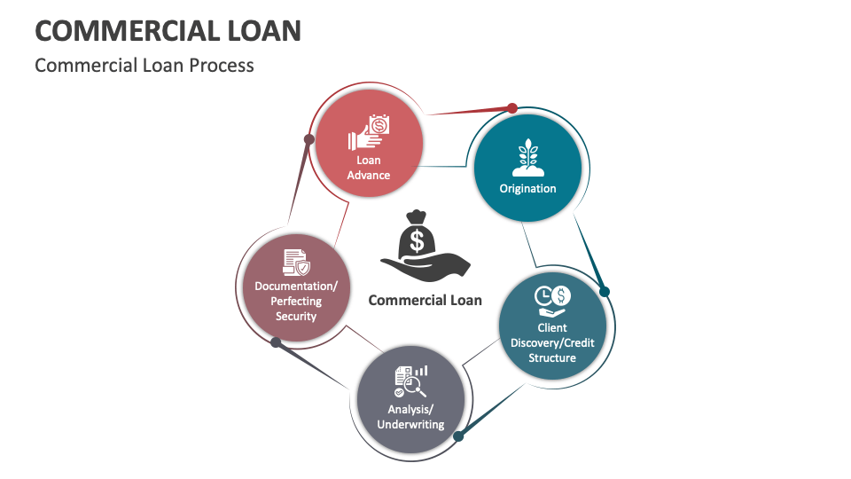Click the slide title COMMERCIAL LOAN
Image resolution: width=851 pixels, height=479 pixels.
pyautogui.click(x=168, y=30)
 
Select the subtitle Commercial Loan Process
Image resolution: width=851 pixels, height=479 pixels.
pyautogui.click(x=144, y=65)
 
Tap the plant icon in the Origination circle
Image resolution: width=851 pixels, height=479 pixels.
pyautogui.click(x=528, y=157)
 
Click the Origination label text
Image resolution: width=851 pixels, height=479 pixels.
pyautogui.click(x=528, y=188)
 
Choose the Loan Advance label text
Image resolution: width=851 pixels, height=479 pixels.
pyautogui.click(x=369, y=168)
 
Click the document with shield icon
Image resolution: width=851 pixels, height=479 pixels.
pyautogui.click(x=296, y=263)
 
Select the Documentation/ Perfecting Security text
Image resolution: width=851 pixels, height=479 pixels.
pyautogui.click(x=296, y=301)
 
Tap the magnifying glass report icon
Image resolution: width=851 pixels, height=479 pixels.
pyautogui.click(x=410, y=381)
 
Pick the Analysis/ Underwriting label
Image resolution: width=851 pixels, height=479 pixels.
pyautogui.click(x=410, y=417)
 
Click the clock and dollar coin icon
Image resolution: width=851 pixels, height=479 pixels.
pyautogui.click(x=552, y=301)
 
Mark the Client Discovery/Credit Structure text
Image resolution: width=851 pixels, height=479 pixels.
pyautogui.click(x=552, y=342)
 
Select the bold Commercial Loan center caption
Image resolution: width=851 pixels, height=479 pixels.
pyautogui.click(x=425, y=300)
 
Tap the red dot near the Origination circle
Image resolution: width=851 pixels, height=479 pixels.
pyautogui.click(x=511, y=108)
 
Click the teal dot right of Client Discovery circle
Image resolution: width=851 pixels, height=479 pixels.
pyautogui.click(x=605, y=292)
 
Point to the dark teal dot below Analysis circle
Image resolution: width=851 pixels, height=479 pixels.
pyautogui.click(x=458, y=436)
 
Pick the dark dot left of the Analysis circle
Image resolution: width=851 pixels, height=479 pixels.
pyautogui.click(x=276, y=342)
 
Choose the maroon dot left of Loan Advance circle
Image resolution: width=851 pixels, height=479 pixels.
pyautogui.click(x=308, y=139)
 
